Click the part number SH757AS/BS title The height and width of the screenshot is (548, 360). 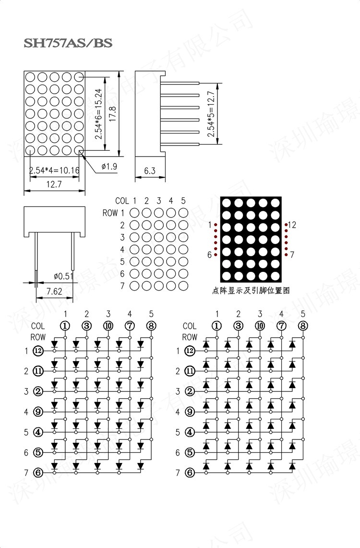[68, 43]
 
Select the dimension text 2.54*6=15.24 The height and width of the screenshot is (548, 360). [98, 114]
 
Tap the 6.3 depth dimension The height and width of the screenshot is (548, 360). [149, 171]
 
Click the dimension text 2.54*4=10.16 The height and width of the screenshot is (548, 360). [54, 170]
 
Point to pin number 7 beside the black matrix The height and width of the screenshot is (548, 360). [292, 255]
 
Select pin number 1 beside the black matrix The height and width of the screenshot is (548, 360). [210, 224]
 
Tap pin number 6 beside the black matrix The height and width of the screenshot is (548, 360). [210, 255]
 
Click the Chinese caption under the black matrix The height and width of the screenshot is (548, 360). [251, 290]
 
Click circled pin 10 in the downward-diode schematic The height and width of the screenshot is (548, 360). [108, 326]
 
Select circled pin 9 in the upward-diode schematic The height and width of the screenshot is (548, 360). [190, 412]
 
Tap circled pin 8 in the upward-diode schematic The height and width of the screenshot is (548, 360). [302, 326]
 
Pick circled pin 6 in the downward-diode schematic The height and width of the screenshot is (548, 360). [38, 473]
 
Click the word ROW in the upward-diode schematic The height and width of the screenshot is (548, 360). [190, 337]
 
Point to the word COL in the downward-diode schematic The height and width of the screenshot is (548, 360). [38, 326]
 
